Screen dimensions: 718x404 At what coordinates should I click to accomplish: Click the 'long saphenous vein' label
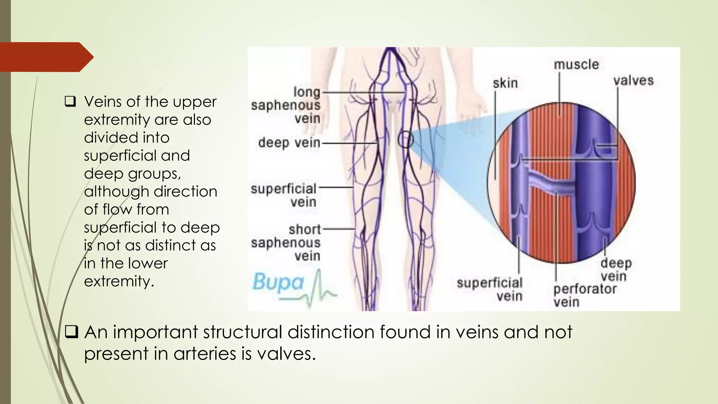tap(286, 105)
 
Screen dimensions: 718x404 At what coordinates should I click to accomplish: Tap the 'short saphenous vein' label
tap(286, 243)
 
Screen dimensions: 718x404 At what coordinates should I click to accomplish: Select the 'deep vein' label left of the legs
tap(289, 143)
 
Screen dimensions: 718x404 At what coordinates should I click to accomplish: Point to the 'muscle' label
tap(576, 65)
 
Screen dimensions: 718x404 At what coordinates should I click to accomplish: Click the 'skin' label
tap(505, 83)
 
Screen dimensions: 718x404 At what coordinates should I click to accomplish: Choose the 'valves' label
tap(633, 81)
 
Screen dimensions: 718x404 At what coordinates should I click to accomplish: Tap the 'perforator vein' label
tap(584, 295)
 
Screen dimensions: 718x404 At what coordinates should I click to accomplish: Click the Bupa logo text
tap(278, 283)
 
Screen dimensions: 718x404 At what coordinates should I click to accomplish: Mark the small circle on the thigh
tap(406, 140)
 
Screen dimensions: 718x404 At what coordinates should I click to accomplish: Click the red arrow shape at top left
tap(46, 57)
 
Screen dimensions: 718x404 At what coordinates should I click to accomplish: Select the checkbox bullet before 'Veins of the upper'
tap(70, 102)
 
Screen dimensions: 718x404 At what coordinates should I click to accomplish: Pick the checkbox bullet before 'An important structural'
tap(71, 332)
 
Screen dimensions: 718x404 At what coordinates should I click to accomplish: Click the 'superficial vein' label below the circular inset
tap(490, 289)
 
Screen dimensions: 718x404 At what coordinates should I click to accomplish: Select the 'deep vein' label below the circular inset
tap(616, 269)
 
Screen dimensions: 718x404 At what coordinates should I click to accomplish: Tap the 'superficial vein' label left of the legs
tap(284, 195)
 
